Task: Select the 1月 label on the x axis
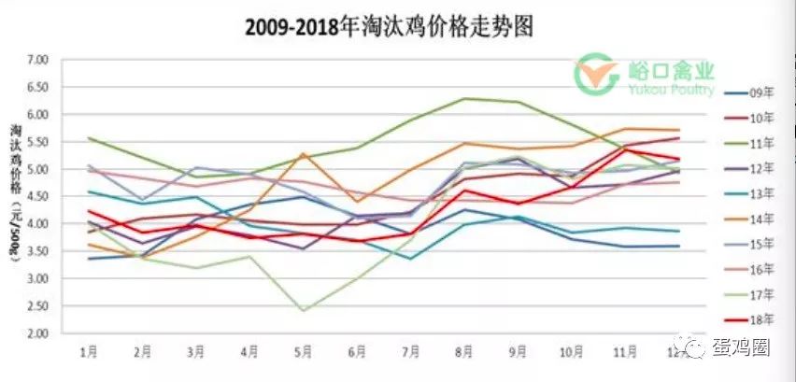(89, 353)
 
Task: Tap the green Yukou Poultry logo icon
(593, 74)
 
